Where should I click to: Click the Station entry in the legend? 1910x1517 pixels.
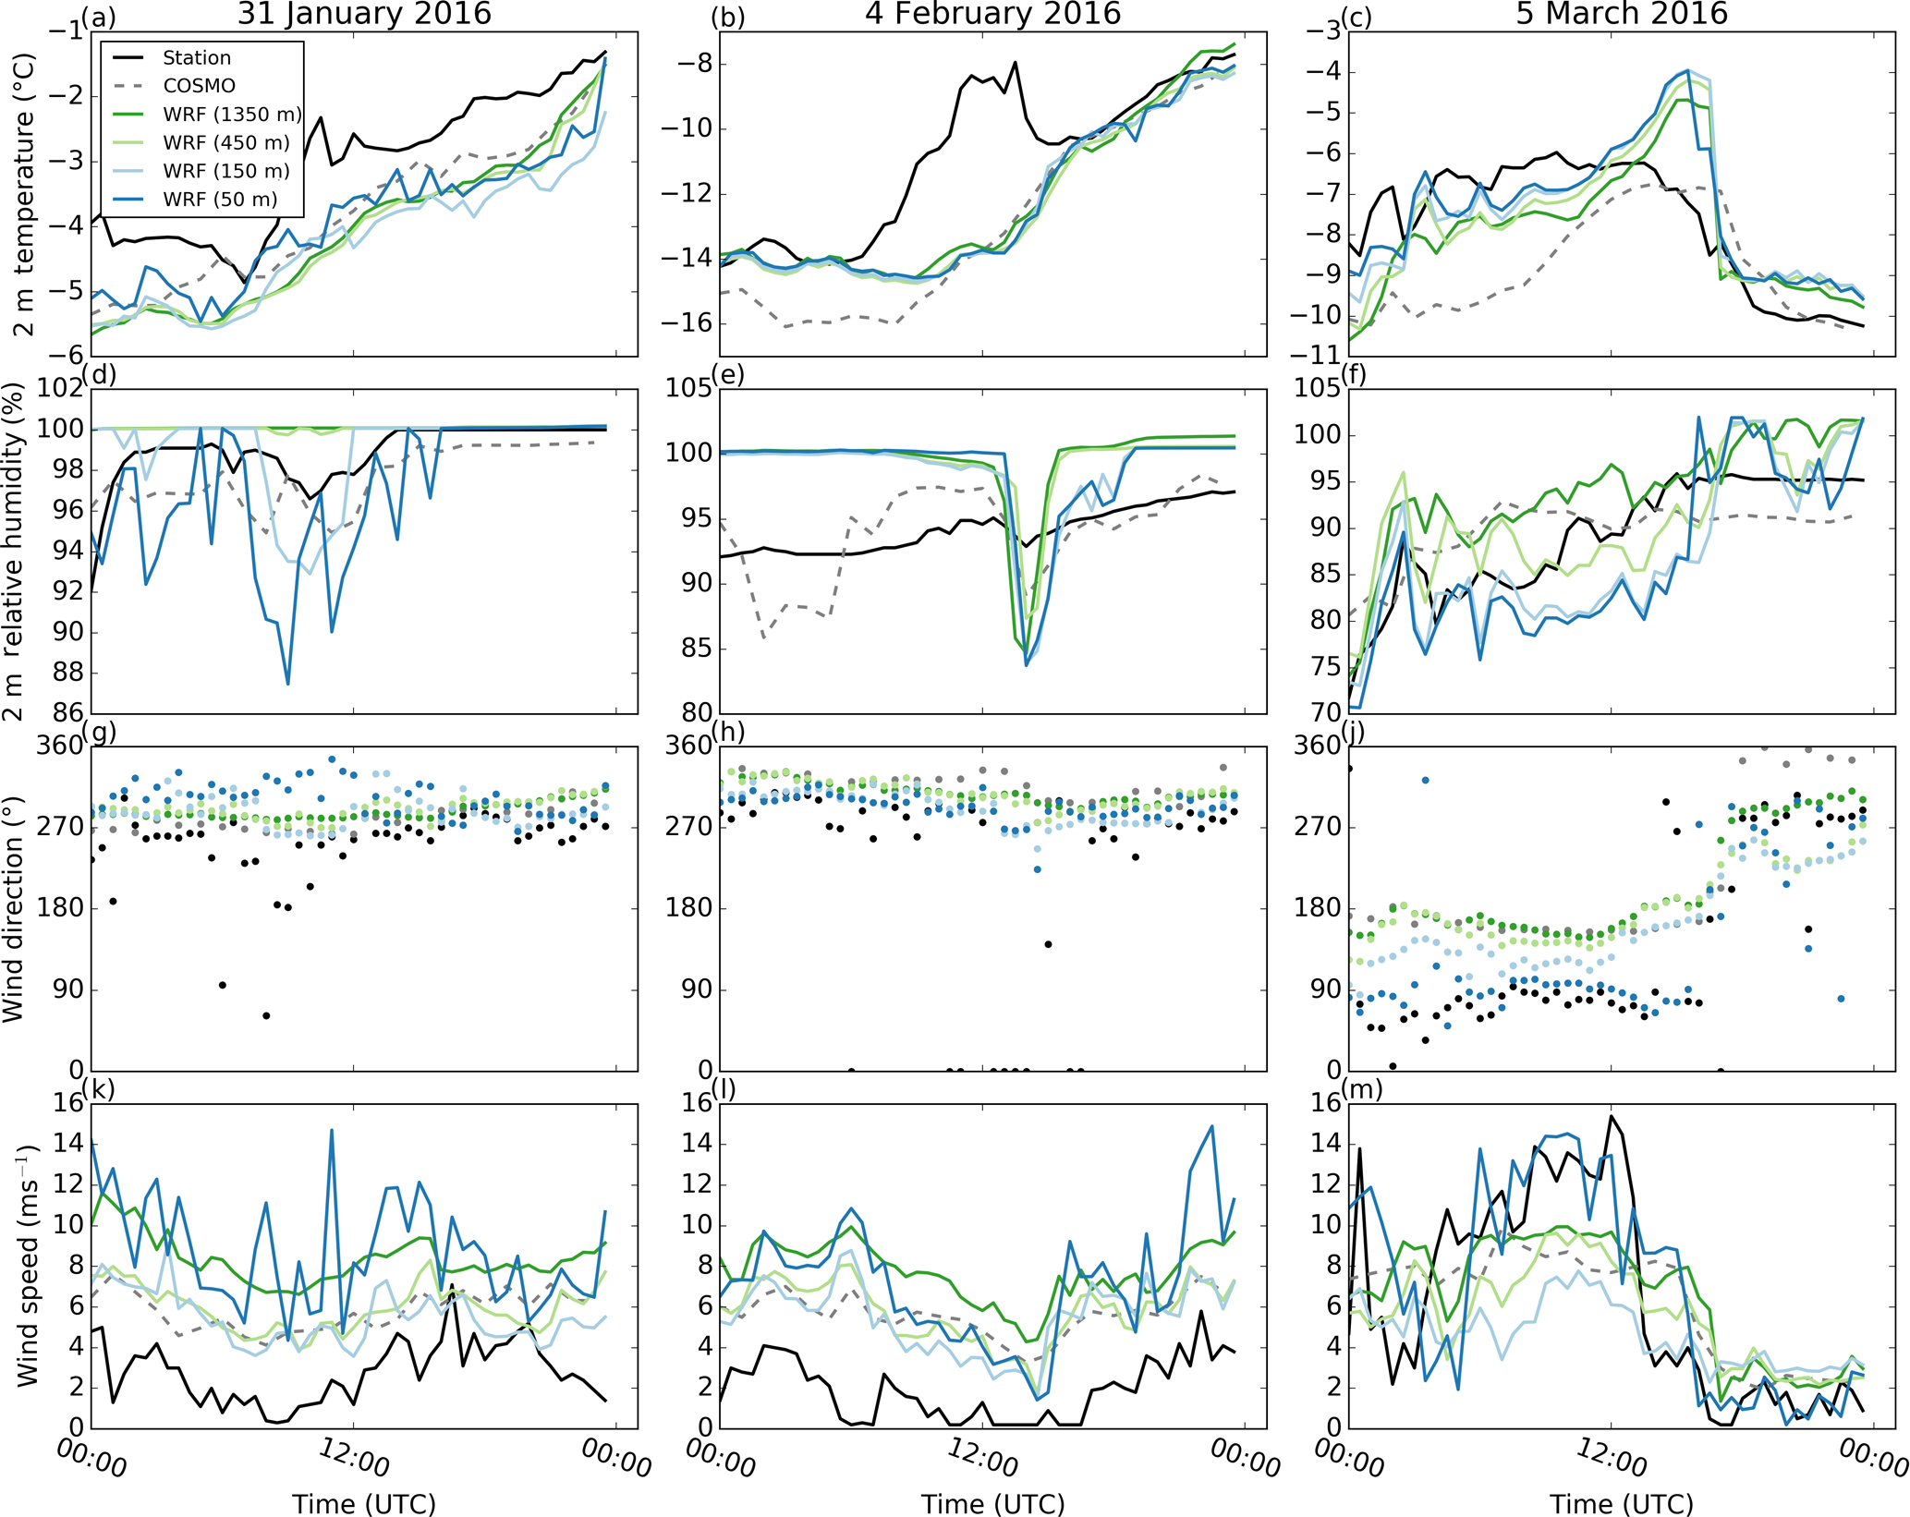(196, 57)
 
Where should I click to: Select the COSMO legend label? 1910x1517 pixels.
(199, 86)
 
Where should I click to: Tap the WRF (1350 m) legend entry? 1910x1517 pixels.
(232, 115)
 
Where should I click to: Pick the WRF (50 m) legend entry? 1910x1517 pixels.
(220, 200)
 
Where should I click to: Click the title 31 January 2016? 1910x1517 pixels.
(364, 14)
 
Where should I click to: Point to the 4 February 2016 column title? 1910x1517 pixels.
(992, 14)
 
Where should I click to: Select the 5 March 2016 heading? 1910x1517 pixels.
(1622, 14)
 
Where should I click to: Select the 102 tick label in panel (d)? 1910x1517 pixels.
(59, 388)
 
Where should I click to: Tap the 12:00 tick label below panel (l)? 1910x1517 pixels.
(982, 1459)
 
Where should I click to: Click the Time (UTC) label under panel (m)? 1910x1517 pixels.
(1622, 1503)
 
